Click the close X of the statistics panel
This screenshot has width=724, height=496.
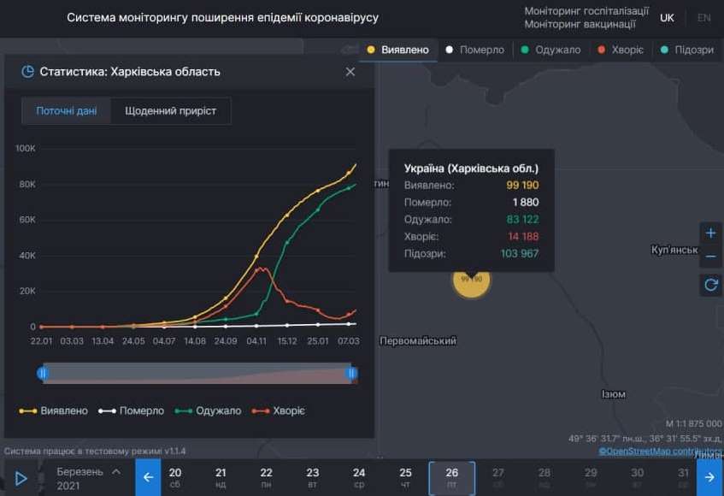[350, 72]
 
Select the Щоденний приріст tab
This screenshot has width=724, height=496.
[170, 111]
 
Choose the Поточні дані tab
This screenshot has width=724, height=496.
[67, 111]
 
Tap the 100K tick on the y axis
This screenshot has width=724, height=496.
[26, 148]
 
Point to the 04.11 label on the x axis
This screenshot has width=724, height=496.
[256, 341]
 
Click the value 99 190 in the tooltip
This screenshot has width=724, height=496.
[522, 185]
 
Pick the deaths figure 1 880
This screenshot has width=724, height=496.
[526, 203]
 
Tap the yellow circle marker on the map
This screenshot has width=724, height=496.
[471, 279]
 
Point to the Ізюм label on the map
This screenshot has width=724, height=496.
[613, 394]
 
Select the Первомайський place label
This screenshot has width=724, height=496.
[418, 341]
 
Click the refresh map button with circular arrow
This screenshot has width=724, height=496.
[710, 285]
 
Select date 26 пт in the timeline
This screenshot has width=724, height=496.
[451, 477]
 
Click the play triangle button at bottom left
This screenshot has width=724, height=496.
[21, 478]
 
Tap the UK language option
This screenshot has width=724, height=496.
[667, 18]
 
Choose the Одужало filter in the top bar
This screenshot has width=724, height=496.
[550, 50]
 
